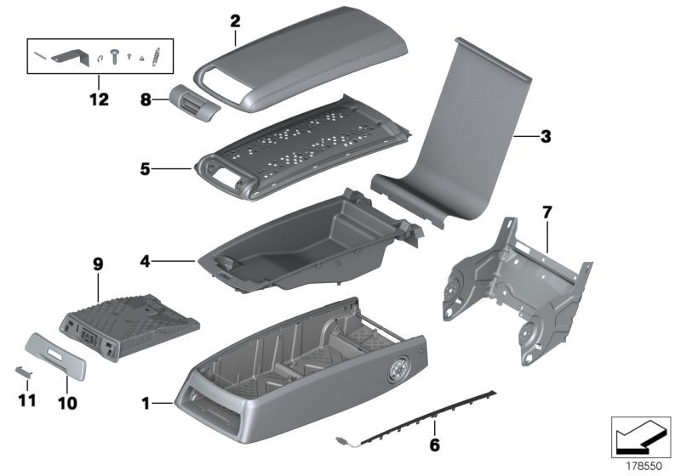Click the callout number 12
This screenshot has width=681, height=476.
pos(99,99)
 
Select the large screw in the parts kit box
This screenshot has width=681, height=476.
pos(113,60)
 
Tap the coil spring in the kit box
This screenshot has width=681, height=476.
pos(155,59)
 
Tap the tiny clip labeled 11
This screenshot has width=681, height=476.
pos(26,371)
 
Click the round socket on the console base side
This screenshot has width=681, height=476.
pos(398,371)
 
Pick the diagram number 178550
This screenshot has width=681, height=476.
pos(644,467)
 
